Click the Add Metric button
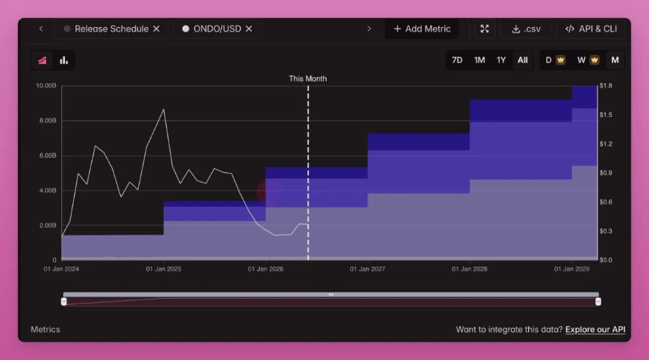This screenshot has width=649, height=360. point(422,29)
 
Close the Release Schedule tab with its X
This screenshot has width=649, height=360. point(156,29)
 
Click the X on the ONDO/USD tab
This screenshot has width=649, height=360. point(249,29)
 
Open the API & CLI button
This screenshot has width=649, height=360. point(591,29)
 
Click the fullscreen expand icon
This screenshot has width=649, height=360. point(484,29)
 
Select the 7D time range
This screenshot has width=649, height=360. point(457,60)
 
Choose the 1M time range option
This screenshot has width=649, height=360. point(479,60)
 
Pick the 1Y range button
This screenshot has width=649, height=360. point(501,60)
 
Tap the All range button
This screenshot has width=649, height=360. point(523,60)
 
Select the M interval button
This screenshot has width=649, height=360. point(615,60)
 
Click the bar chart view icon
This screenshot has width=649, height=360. point(63,60)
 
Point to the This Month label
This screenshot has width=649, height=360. point(308,78)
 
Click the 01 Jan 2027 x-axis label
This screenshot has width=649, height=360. point(368,269)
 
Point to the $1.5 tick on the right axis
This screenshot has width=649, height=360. point(606,115)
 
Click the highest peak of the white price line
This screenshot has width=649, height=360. point(164,109)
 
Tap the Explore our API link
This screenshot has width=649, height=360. point(595,329)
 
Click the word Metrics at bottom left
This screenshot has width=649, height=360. point(45,329)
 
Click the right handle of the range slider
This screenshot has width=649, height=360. point(598,302)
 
